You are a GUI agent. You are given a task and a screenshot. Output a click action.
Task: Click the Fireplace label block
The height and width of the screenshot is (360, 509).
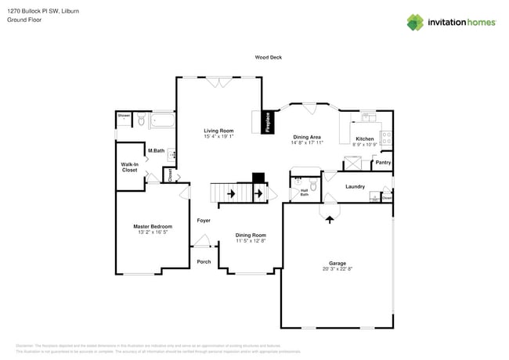267,123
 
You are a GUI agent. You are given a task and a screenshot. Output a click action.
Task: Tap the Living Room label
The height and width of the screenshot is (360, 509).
218,131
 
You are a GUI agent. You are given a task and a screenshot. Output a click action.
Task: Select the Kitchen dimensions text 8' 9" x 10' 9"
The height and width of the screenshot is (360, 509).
365,144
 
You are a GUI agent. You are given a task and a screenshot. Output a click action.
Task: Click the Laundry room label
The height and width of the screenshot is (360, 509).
356,186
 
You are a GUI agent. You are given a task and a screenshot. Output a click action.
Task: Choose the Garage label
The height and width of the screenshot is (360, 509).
338,263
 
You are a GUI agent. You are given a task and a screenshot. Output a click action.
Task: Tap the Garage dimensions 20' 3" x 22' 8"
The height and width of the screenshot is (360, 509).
338,269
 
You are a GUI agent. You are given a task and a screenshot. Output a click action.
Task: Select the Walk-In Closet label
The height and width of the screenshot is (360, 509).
129,167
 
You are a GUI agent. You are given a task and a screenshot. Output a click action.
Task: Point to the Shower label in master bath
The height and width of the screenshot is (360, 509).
124,116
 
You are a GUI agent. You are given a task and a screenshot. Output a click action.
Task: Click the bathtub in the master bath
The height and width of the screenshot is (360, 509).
162,121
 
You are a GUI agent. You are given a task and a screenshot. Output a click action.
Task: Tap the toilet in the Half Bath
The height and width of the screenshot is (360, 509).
313,185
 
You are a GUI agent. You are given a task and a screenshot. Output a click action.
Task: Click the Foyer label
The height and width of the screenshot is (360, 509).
203,221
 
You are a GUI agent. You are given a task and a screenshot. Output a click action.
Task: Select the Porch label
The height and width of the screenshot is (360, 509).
203,261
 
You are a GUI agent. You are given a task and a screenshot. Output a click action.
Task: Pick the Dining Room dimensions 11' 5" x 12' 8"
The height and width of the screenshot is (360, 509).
251,241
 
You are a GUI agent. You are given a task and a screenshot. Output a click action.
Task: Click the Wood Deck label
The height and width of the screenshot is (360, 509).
268,57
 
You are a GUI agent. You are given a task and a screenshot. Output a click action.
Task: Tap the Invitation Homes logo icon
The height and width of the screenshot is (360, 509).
415,22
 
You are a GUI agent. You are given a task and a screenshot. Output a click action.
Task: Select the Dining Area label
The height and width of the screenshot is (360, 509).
307,137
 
